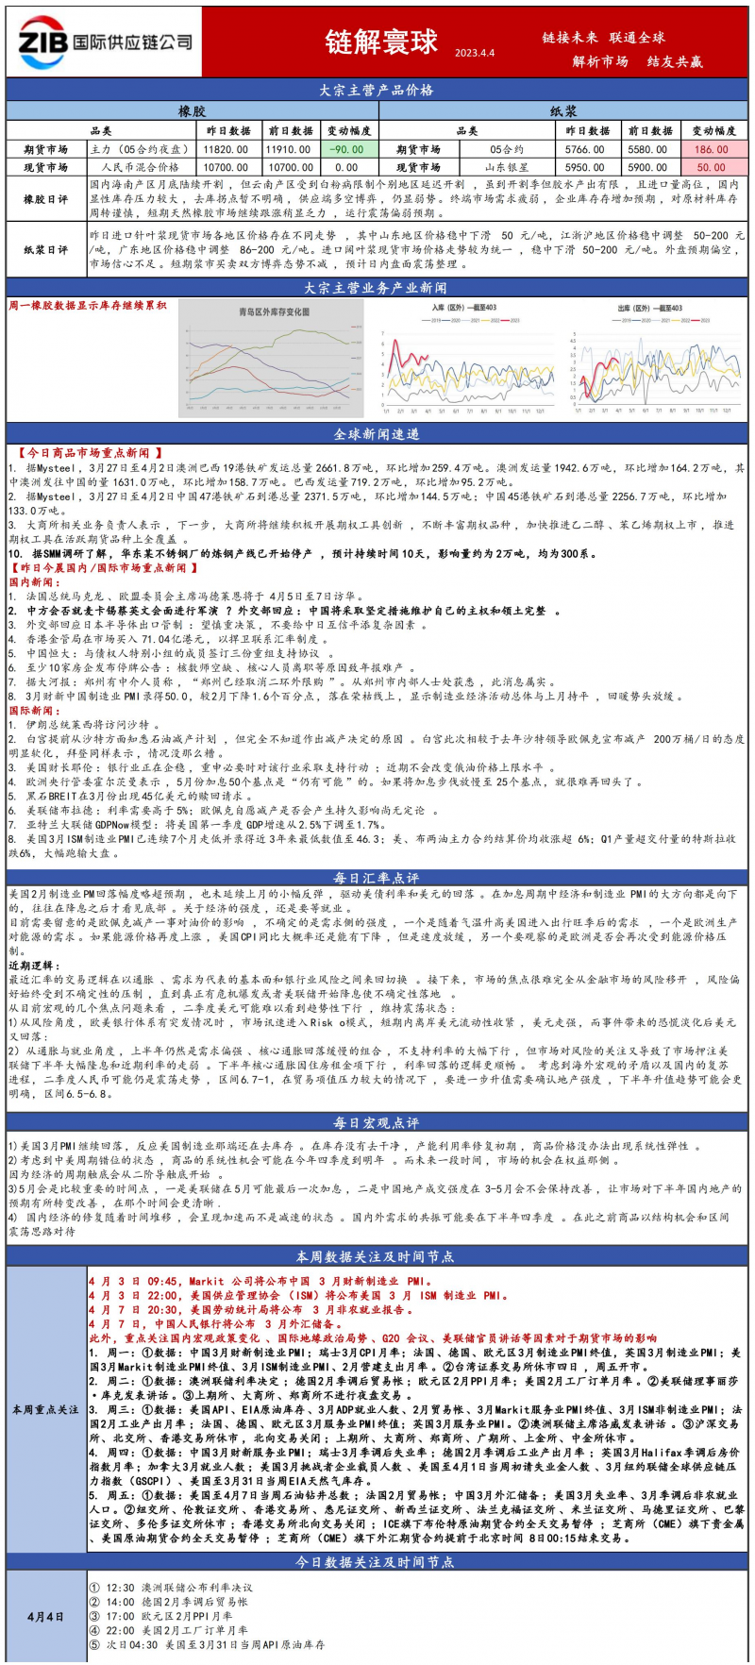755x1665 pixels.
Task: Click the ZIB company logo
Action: click(x=104, y=42)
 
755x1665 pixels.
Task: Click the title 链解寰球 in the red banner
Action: click(x=381, y=42)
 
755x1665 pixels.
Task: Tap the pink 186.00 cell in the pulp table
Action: click(x=711, y=149)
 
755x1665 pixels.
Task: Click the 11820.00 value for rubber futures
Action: click(x=226, y=149)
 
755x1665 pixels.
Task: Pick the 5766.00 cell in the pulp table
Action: click(x=584, y=149)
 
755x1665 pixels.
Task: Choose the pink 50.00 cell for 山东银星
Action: click(x=711, y=167)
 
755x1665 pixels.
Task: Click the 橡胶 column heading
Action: click(x=192, y=111)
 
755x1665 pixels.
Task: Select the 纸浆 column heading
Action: click(x=563, y=111)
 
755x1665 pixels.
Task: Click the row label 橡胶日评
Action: click(x=45, y=199)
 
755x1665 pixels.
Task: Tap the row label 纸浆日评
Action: click(x=45, y=250)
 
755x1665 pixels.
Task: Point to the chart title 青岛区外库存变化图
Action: click(x=273, y=311)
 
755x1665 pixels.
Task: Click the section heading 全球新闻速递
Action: click(x=377, y=434)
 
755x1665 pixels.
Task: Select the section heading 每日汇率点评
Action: click(x=377, y=878)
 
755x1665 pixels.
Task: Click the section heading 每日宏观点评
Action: click(x=377, y=1122)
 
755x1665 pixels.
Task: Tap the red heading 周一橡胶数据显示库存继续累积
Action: click(x=88, y=306)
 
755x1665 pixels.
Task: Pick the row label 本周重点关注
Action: click(x=45, y=1409)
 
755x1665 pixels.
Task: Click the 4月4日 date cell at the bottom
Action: click(x=45, y=1617)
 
